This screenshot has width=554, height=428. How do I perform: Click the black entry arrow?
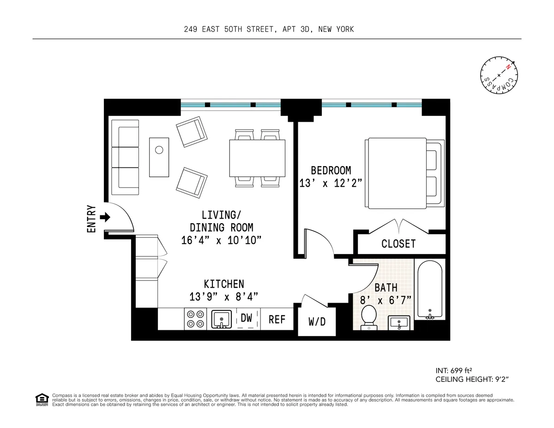pyautogui.click(x=105, y=217)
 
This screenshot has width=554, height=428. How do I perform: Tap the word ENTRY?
pyautogui.click(x=91, y=219)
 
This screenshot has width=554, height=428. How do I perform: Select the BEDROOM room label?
pyautogui.click(x=331, y=170)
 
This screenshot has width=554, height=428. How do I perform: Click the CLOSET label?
pyautogui.click(x=398, y=244)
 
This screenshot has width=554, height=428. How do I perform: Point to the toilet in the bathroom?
pyautogui.click(x=369, y=317)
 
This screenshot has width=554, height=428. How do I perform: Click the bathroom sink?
pyautogui.click(x=400, y=322)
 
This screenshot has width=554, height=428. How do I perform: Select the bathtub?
pyautogui.click(x=430, y=289)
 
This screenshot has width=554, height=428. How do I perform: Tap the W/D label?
pyautogui.click(x=317, y=321)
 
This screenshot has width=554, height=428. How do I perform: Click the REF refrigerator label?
pyautogui.click(x=277, y=319)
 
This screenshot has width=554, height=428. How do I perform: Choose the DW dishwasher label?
pyautogui.click(x=246, y=318)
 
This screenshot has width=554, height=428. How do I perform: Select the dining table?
pyautogui.click(x=257, y=158)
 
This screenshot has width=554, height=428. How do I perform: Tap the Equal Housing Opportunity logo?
pyautogui.click(x=42, y=399)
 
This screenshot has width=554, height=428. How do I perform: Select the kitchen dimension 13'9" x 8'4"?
pyautogui.click(x=223, y=297)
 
